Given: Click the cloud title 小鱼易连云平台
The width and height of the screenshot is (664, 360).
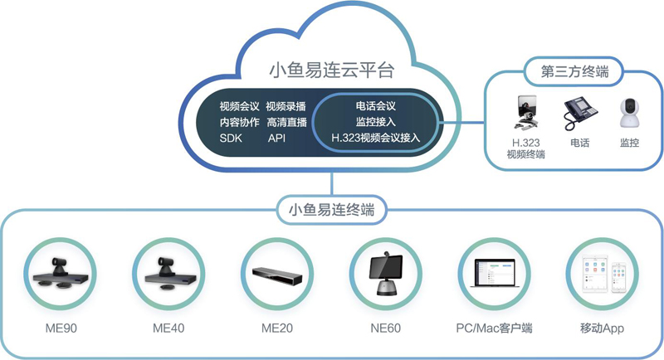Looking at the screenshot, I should [331, 70].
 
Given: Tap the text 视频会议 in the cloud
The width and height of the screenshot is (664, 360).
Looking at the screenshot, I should [240, 106].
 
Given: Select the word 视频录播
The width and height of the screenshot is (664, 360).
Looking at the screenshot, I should [287, 106].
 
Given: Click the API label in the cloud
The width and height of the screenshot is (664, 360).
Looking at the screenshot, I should [276, 138].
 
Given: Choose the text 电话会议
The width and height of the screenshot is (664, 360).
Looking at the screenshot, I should [375, 106].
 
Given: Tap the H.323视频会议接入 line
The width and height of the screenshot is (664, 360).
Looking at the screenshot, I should [375, 138].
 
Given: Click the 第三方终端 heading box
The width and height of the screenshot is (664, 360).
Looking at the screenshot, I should [574, 71].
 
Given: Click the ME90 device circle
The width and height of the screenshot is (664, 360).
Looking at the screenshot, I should [61, 275].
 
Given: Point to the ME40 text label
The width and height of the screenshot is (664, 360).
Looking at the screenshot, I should [168, 328].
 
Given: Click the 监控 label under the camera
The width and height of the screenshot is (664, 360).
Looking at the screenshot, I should [629, 143].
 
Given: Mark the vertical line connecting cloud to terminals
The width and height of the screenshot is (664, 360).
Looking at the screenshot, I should [331, 184].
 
